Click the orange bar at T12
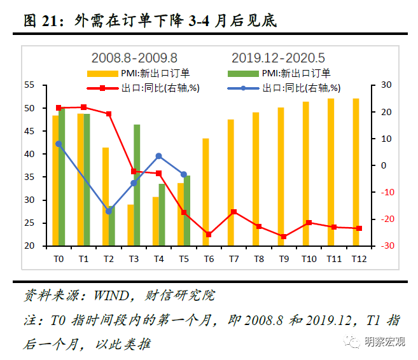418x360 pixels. (x=356, y=172)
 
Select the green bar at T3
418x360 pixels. (x=137, y=185)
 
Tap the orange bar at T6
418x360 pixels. (x=206, y=191)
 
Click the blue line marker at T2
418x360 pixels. (x=109, y=211)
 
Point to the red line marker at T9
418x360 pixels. (x=284, y=236)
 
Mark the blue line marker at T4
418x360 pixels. (x=158, y=156)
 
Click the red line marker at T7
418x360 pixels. (x=233, y=212)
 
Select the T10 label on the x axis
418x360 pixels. (x=309, y=259)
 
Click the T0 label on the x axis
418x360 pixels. (x=59, y=259)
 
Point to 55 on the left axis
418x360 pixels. (x=29, y=85)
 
